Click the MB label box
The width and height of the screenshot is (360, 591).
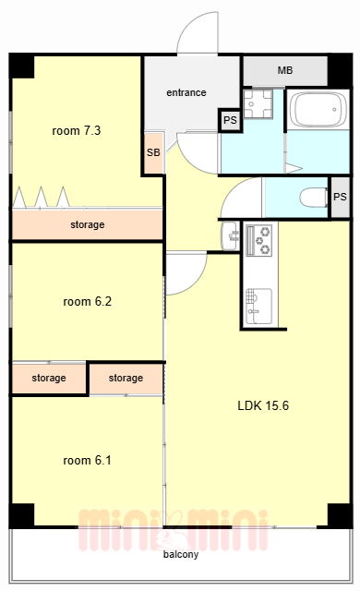click(285, 71)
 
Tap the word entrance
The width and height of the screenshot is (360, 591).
click(186, 92)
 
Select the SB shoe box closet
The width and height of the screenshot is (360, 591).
click(153, 152)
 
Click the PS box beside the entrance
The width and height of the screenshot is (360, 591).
click(230, 120)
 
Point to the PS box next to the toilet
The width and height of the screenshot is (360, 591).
click(340, 197)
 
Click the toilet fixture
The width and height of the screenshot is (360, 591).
click(314, 197)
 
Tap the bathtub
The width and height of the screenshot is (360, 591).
click(319, 109)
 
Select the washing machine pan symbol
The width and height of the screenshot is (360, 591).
click(258, 104)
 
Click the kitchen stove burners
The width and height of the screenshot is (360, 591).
click(259, 240)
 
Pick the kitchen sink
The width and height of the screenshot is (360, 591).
click(259, 306)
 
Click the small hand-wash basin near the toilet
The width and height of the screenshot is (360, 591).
click(230, 236)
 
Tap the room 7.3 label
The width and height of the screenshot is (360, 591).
click(77, 131)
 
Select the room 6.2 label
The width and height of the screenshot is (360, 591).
click(88, 302)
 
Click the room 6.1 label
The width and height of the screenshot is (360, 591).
click(88, 460)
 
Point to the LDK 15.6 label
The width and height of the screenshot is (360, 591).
click(263, 405)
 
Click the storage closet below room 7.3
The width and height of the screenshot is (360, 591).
click(88, 224)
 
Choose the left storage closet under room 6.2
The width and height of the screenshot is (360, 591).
click(49, 378)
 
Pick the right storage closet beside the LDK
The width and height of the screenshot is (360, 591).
click(126, 378)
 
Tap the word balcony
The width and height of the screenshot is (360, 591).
click(181, 554)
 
